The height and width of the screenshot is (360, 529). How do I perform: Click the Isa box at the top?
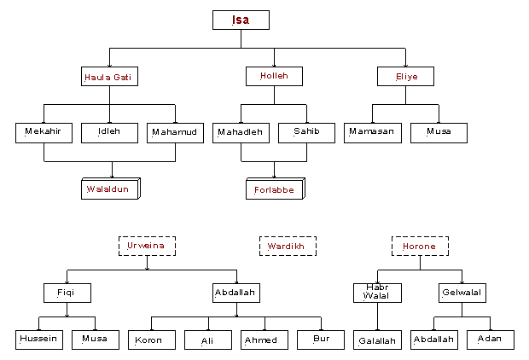coord(241,20)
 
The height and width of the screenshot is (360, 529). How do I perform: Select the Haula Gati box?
coord(111,77)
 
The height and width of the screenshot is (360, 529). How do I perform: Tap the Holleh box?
coord(274,77)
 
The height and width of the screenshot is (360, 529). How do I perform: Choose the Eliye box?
coord(404,77)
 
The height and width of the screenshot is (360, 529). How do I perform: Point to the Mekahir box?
coord(44,132)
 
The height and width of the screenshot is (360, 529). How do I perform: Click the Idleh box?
coord(109,132)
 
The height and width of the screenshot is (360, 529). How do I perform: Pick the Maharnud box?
coord(175,132)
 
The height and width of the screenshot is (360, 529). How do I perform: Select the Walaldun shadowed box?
coord(110,189)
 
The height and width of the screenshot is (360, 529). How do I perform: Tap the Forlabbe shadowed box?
coord(274,189)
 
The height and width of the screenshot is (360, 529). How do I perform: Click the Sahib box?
coord(306,132)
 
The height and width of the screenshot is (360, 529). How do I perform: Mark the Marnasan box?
coord(373,132)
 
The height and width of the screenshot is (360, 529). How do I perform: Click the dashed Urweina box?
coord(147,247)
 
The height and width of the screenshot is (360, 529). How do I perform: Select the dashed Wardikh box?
coord(288,247)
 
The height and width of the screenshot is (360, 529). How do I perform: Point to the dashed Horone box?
coord(420,247)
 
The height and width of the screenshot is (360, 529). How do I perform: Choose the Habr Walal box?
coord(377,293)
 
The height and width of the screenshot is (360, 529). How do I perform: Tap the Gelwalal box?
coord(462,293)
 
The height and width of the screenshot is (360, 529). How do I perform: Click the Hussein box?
coord(39,340)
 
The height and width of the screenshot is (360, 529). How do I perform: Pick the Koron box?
coord(151,340)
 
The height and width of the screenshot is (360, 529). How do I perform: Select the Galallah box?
coord(377,340)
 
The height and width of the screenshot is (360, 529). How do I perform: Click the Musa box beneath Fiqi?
coord(95,340)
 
